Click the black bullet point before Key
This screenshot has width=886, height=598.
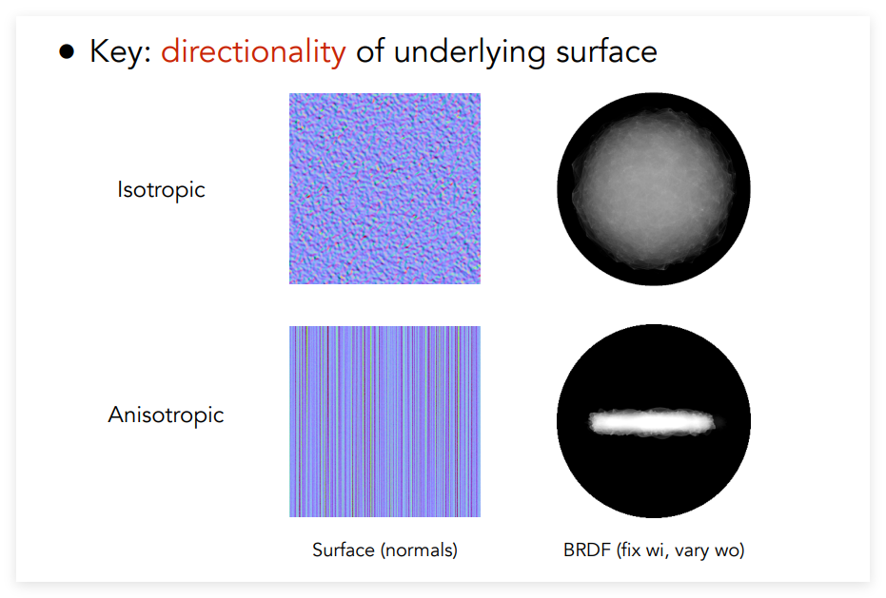(67, 51)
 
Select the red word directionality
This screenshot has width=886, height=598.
(253, 51)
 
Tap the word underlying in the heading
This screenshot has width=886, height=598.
(469, 52)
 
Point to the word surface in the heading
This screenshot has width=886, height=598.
(606, 51)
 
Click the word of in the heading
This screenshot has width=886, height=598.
(370, 51)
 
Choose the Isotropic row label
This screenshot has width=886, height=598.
(161, 190)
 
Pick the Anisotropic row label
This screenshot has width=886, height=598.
(167, 415)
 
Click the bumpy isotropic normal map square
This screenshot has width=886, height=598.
(384, 188)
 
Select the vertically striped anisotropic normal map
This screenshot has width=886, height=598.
(384, 421)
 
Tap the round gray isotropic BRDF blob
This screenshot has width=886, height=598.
(654, 188)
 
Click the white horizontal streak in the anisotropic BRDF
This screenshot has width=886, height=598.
(652, 422)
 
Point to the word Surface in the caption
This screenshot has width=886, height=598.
(344, 550)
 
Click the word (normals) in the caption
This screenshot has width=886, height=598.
(420, 550)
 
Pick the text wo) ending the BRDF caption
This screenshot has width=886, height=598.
(728, 550)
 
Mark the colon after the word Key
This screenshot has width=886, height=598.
(148, 55)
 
